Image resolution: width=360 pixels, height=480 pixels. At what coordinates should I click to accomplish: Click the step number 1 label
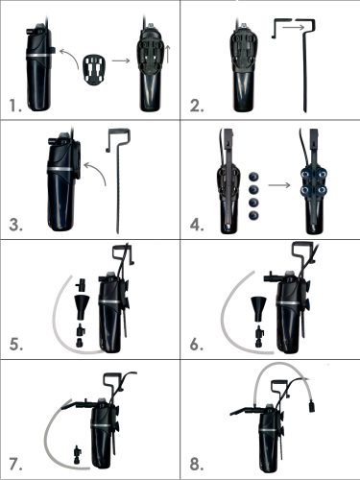tap(15, 106)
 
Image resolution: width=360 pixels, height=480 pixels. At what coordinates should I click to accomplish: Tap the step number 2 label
tap(197, 106)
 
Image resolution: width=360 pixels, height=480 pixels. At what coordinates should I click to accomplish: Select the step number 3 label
tap(15, 225)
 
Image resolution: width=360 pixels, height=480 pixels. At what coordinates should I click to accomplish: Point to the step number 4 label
tap(197, 225)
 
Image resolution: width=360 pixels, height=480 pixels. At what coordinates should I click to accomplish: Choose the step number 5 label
tap(16, 345)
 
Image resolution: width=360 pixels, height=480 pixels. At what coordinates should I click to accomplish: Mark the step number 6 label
tap(197, 345)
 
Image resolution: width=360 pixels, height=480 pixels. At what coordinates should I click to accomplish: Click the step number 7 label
tap(15, 465)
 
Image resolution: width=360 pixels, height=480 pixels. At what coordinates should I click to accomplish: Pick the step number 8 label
tap(197, 465)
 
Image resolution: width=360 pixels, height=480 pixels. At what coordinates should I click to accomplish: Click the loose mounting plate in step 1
tap(94, 70)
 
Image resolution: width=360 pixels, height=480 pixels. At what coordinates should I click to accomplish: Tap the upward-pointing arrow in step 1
tap(169, 55)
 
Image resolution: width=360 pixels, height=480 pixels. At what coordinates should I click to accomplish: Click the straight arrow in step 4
tap(279, 185)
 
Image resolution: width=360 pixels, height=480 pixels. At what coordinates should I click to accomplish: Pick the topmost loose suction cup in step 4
tap(253, 177)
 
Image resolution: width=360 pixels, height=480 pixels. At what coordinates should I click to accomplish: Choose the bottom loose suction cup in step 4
tap(253, 215)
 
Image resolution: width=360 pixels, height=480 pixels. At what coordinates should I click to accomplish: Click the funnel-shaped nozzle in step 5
tap(82, 306)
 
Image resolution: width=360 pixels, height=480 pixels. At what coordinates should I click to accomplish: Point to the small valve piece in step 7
tap(78, 454)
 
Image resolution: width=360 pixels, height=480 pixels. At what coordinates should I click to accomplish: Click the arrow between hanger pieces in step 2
tap(294, 28)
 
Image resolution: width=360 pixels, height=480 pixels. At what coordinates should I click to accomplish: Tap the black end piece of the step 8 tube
tap(311, 406)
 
